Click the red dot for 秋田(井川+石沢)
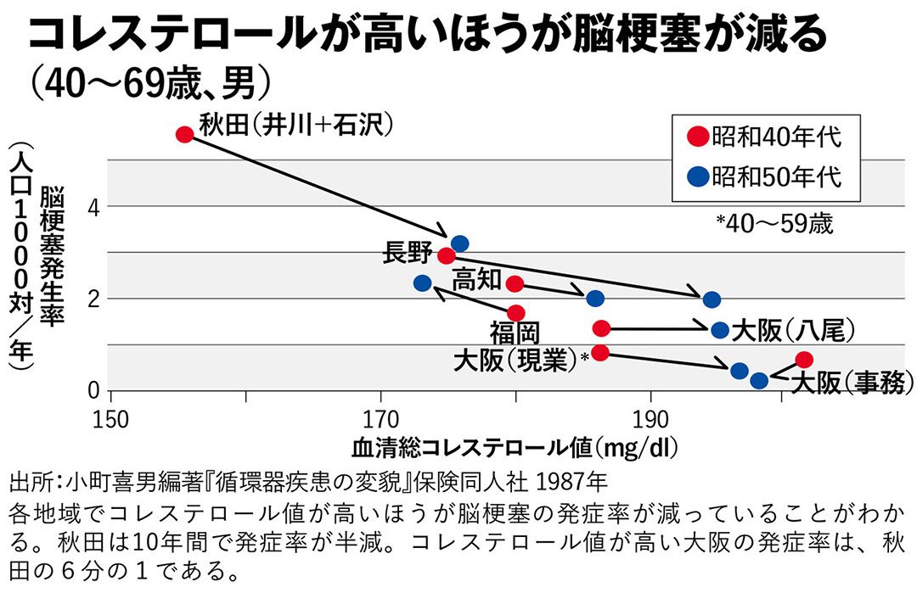pos(184,134)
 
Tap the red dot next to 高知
pos(514,283)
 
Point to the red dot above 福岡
pos(515,313)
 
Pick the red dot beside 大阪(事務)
pos(804,360)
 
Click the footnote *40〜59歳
pos(774,224)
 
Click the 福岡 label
pos(515,332)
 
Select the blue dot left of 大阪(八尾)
pos(720,330)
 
